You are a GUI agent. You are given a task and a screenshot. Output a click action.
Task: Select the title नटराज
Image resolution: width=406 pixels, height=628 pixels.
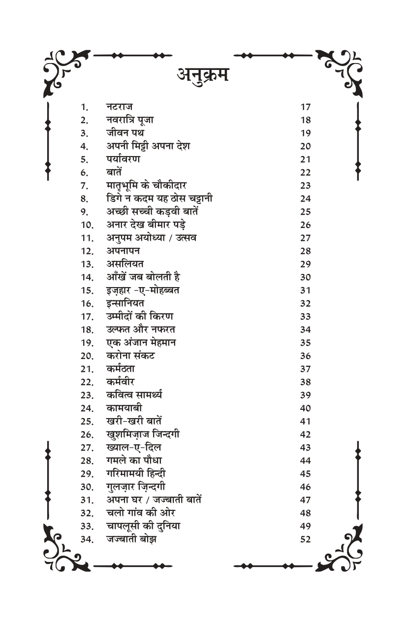click(x=119, y=106)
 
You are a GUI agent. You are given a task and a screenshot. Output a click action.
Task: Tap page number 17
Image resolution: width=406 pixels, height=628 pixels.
click(x=305, y=107)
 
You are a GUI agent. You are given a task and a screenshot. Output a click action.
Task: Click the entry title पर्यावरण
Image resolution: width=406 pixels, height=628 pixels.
click(x=123, y=159)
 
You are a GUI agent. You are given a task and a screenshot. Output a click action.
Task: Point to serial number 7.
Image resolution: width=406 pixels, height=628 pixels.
click(x=85, y=186)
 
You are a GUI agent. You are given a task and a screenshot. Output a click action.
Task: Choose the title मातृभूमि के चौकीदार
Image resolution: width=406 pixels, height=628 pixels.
click(x=146, y=185)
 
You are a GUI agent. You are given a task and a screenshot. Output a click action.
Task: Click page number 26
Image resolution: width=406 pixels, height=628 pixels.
click(x=305, y=225)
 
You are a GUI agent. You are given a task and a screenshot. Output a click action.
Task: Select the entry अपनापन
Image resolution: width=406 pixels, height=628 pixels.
click(x=123, y=251)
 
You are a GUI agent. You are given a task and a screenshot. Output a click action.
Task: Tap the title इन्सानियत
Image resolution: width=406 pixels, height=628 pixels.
click(x=125, y=303)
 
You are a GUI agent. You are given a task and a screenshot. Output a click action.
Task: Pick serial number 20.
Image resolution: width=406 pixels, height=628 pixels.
click(x=87, y=356)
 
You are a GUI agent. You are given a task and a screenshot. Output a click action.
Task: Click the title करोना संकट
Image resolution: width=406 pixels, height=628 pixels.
click(x=130, y=356)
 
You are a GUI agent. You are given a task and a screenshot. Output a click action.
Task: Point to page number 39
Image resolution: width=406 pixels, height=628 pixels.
click(x=305, y=395)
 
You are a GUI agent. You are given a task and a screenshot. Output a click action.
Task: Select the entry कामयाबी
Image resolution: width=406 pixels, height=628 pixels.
click(x=124, y=408)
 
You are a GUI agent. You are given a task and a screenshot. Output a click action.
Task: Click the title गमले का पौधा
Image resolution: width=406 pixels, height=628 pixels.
click(x=134, y=461)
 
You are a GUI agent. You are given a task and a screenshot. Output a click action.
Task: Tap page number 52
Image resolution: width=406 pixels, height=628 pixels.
click(x=305, y=539)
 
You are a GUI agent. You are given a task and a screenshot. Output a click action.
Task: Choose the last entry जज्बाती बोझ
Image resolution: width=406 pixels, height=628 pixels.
click(x=131, y=539)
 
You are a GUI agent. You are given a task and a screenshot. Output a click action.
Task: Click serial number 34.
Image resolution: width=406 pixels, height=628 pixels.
click(x=87, y=539)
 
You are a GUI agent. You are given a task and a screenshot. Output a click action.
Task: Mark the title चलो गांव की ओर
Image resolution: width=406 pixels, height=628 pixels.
click(x=140, y=513)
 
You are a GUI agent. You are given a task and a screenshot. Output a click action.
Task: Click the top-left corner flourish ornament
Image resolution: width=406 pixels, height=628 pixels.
click(x=66, y=71)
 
